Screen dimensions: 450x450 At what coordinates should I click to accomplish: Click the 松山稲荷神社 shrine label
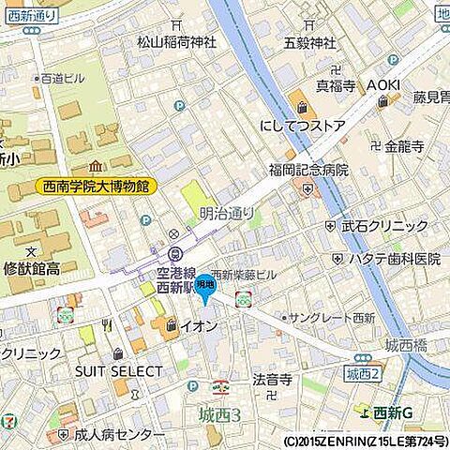pos(177,41)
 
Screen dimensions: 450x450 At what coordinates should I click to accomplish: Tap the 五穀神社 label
pos(309,42)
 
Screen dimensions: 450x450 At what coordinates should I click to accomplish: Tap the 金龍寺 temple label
pos(404,146)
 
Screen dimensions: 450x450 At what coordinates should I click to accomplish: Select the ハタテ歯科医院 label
pos(395,258)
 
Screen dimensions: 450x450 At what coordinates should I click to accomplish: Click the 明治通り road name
pos(227,214)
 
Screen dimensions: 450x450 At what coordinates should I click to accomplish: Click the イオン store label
pos(199,326)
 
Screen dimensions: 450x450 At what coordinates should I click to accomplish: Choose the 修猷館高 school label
pos(29,268)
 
